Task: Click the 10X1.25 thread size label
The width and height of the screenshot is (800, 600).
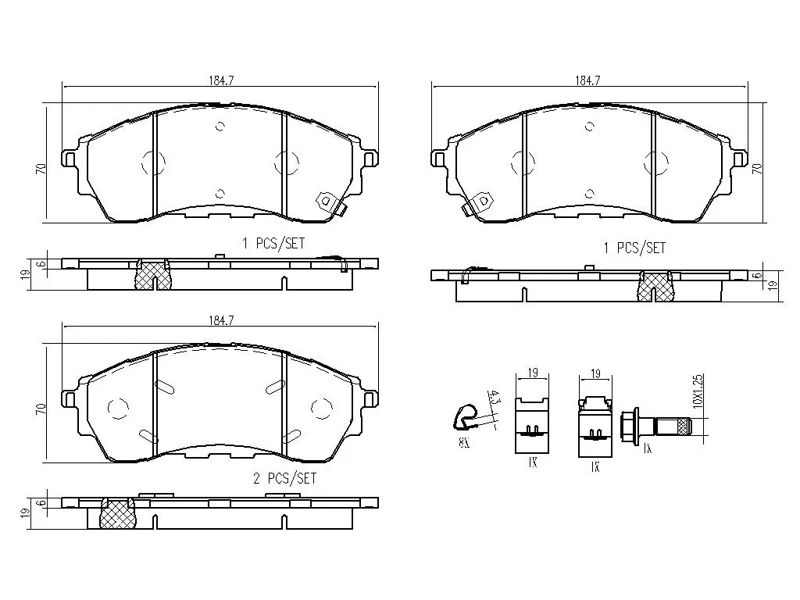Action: pos(698,392)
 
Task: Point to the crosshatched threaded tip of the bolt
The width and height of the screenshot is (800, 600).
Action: pos(685,427)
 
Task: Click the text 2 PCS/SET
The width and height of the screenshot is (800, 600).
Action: pos(284,478)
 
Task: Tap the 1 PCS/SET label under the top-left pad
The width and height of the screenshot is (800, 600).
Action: pos(273,244)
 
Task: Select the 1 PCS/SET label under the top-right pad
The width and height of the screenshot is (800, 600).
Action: pos(634,248)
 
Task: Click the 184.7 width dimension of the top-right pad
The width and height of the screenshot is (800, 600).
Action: pos(587,80)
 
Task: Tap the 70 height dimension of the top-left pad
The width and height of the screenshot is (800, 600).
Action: pos(40,168)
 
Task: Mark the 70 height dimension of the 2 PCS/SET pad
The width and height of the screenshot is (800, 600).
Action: pos(40,408)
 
